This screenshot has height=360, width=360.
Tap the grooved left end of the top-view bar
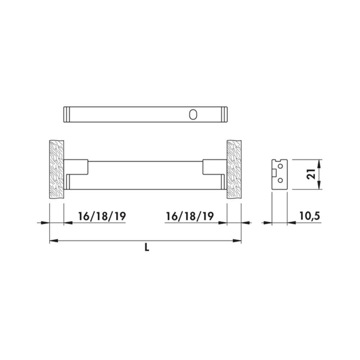pyautogui.click(x=66, y=114)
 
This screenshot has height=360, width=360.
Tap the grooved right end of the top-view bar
pyautogui.click(x=224, y=114)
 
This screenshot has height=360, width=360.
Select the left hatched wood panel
pyautogui.click(x=57, y=169)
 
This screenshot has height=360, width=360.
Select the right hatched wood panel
pyautogui.click(x=234, y=169)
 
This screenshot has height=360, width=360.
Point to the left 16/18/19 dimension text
pyautogui.click(x=102, y=216)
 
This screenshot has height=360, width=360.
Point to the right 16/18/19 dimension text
pyautogui.click(x=190, y=216)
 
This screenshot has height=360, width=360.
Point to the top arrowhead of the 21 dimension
pyautogui.click(x=320, y=162)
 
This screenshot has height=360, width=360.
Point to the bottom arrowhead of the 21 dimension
pyautogui.click(x=320, y=186)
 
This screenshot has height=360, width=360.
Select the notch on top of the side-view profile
pyautogui.click(x=276, y=161)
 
